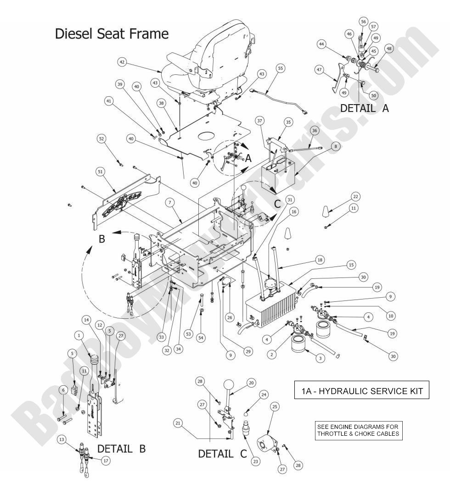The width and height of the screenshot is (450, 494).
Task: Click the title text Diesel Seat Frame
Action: (112, 33)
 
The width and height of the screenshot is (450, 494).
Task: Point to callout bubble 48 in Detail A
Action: (389, 49)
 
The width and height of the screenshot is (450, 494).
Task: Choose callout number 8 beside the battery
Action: (335, 146)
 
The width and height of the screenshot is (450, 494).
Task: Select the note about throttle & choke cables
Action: (358, 430)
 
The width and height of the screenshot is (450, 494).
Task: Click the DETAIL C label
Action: (222, 454)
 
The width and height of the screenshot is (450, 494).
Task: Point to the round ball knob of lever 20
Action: (230, 384)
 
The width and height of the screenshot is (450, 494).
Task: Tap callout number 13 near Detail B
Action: (62, 439)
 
